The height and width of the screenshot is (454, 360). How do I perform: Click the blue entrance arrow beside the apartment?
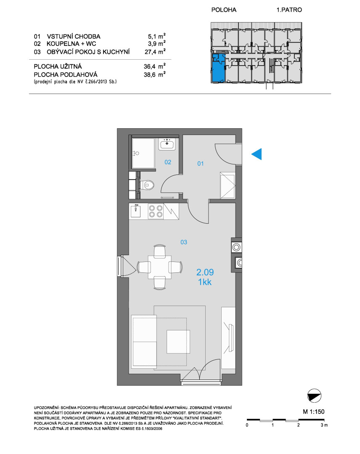click(x=257, y=154)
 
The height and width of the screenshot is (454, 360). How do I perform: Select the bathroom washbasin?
click(x=167, y=144)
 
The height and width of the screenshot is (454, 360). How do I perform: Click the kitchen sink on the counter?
click(x=135, y=211)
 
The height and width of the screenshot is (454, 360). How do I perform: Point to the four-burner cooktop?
click(x=156, y=211)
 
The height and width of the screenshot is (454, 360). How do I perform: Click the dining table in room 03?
click(x=159, y=267)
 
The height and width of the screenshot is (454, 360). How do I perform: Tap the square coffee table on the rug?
click(x=178, y=342)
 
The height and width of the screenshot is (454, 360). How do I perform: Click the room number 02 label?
click(x=168, y=162)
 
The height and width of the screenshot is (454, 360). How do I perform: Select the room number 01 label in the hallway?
click(x=201, y=164)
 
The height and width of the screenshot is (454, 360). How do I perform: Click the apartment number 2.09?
click(x=205, y=272)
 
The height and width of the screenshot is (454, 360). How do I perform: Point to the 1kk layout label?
click(x=205, y=282)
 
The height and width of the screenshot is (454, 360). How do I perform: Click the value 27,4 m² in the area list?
click(x=155, y=51)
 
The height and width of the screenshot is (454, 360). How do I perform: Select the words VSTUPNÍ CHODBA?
click(x=74, y=37)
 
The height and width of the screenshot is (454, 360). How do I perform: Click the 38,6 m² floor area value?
click(x=155, y=74)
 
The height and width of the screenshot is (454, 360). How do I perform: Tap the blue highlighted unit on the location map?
click(x=218, y=69)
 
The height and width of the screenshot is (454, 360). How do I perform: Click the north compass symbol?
click(x=314, y=396)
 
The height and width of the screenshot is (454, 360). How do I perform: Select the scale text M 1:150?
click(x=314, y=412)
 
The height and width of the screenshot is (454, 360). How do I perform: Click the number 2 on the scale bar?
click(x=298, y=425)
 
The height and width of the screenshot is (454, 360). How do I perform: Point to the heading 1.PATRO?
click(x=289, y=10)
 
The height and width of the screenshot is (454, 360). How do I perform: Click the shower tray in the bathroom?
click(x=143, y=153)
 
